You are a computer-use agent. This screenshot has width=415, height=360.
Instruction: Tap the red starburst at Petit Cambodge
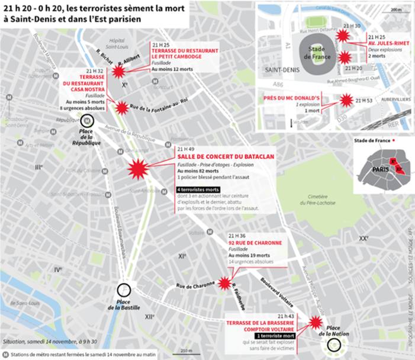click(x=119, y=72)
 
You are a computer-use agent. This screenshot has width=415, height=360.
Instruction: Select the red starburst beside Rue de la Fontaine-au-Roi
click(x=121, y=107)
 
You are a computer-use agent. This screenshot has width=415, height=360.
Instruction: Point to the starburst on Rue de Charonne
click(x=224, y=283)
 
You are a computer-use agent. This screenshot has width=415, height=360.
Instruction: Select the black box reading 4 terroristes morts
click(x=198, y=189)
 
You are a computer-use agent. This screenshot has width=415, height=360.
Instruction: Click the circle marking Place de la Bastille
click(x=124, y=291)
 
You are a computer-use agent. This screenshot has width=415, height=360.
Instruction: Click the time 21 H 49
click(x=185, y=149)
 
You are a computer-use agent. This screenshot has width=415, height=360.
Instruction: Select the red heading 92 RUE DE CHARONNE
click(x=255, y=243)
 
